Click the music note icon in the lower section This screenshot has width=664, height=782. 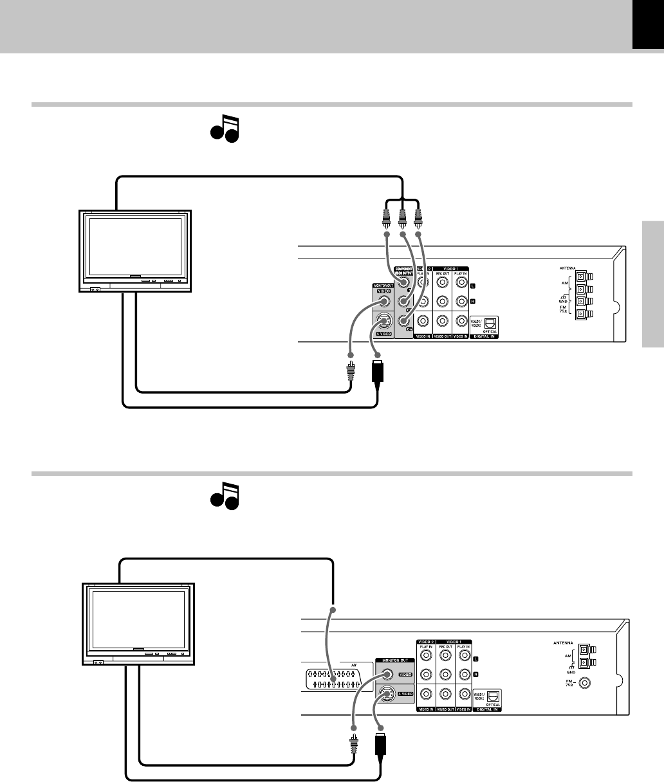click(223, 497)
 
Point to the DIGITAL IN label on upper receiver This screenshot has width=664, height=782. click(486, 337)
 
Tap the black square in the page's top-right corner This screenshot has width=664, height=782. click(647, 24)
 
